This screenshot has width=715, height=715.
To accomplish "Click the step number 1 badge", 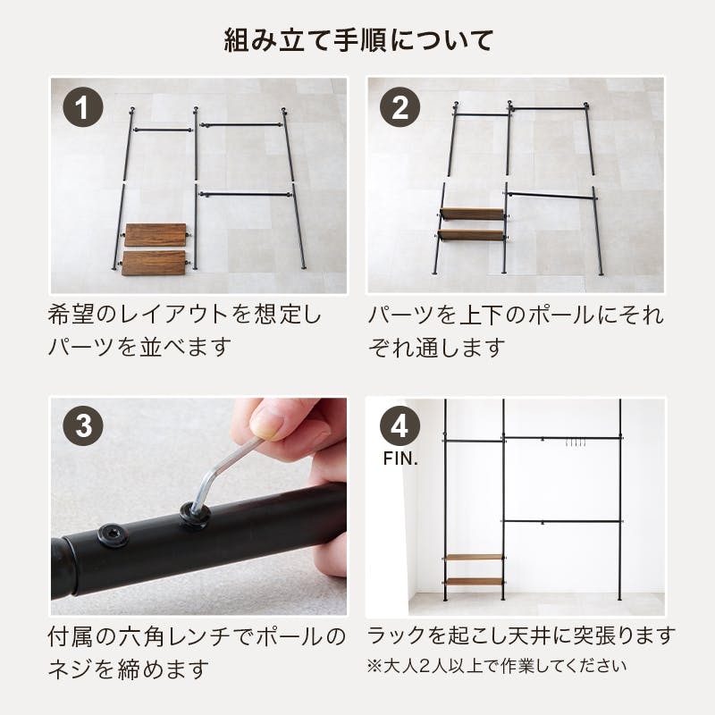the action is (83, 107).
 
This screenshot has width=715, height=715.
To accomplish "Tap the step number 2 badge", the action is (400, 107).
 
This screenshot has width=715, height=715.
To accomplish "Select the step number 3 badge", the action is (83, 426).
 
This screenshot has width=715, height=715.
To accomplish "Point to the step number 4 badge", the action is (400, 426).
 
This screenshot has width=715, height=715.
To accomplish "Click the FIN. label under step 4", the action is (400, 458).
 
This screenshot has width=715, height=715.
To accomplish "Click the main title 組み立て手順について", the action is (358, 40).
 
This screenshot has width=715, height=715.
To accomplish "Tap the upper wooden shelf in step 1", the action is (156, 235).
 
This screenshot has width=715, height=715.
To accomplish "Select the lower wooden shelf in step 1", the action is (154, 263).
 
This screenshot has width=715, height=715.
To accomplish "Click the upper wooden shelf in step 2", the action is (472, 214).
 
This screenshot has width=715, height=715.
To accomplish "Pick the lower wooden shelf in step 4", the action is (474, 582).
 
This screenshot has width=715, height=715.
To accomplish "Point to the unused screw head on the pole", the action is (114, 535).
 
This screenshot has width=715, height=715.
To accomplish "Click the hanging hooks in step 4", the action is (576, 442).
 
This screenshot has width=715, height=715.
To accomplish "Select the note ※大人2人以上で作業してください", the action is (497, 666).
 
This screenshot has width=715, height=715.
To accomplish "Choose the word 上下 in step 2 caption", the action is (482, 315).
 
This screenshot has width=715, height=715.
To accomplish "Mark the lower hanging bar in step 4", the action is (563, 521).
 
